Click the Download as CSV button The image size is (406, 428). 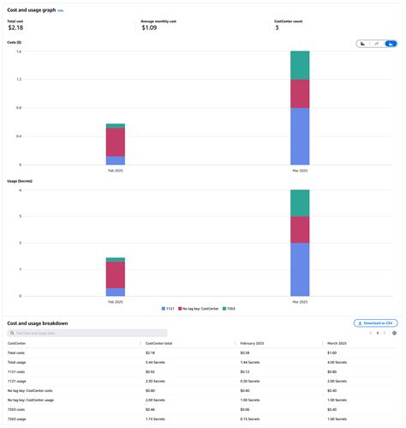pos(375,323)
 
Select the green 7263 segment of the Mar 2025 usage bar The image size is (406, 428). pos(300,203)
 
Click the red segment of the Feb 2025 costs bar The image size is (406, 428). pos(116,142)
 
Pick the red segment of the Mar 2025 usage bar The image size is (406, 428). pos(300,230)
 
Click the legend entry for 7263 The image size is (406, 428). pos(239,306)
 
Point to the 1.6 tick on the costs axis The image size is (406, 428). pos(19,51)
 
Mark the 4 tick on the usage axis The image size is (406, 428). pos(20,190)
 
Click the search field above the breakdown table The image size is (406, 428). pos(87,333)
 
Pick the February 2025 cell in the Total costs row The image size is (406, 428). pos(245,353)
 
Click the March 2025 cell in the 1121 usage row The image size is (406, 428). pos(337,380)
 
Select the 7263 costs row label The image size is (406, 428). pos(17,408)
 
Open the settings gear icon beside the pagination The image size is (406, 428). pos(394,333)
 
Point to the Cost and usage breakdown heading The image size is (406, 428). pos(37,323)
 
